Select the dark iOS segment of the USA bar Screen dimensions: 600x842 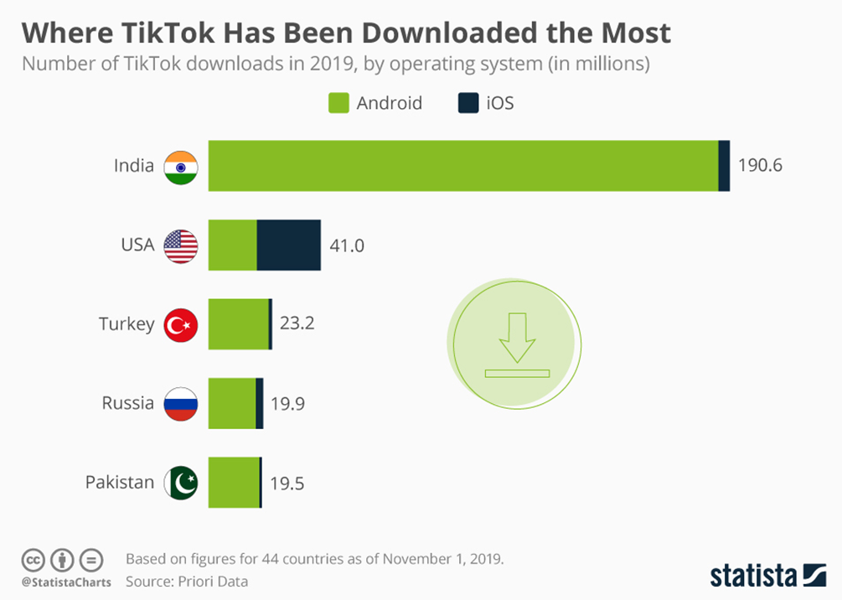point(288,246)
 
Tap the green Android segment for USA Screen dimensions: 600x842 point(232,246)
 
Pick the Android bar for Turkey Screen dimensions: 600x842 point(238,324)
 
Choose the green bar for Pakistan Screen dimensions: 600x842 point(234,483)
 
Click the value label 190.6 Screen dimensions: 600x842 point(760,166)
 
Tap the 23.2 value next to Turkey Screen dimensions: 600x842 point(297,323)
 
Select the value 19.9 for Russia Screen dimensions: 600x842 point(287,404)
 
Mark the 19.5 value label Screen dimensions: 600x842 point(287,484)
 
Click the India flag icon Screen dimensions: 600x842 point(181,167)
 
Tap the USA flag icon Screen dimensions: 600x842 point(181,246)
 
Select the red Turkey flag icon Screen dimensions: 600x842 point(181,325)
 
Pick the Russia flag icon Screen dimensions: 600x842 point(181,404)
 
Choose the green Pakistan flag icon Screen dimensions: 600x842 point(181,483)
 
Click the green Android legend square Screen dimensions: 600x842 point(336,104)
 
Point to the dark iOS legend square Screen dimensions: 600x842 point(467,104)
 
